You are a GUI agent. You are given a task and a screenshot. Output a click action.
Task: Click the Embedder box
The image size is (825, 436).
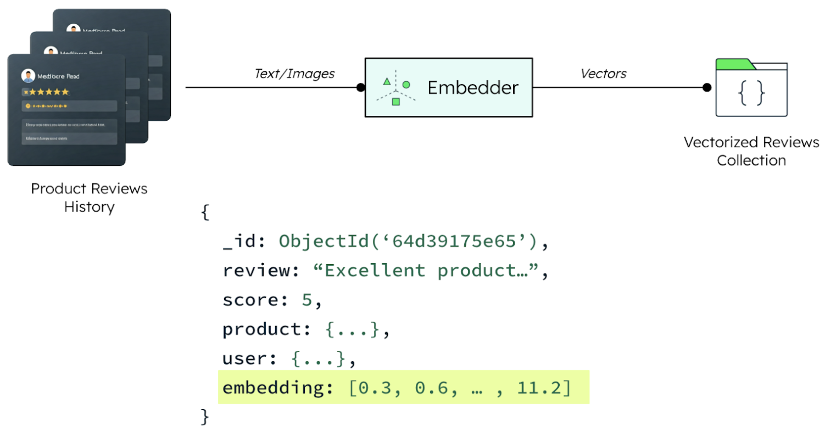pos(448,87)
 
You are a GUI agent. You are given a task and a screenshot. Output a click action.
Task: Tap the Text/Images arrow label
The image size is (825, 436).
pos(294,74)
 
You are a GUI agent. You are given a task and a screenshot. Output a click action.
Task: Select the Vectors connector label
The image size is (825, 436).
pos(604,74)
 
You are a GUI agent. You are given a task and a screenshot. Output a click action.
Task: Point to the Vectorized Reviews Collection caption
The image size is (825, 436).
pos(751,151)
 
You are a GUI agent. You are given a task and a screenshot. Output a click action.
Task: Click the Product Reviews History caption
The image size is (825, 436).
pos(89,198)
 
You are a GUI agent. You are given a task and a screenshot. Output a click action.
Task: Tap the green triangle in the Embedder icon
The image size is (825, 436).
pos(387,82)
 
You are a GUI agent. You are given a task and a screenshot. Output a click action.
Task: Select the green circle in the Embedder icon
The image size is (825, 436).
pos(406,85)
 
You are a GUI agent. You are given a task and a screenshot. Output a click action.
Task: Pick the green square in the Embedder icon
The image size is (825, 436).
pos(395,102)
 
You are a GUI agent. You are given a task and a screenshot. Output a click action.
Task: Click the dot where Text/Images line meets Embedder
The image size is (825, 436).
pos(360,87)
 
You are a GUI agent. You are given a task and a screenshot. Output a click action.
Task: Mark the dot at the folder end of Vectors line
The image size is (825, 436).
pos(707,87)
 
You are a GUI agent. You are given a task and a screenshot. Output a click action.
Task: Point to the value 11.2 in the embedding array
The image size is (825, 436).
pos(539,388)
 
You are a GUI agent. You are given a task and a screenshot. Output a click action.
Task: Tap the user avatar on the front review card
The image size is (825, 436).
pos(28,76)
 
